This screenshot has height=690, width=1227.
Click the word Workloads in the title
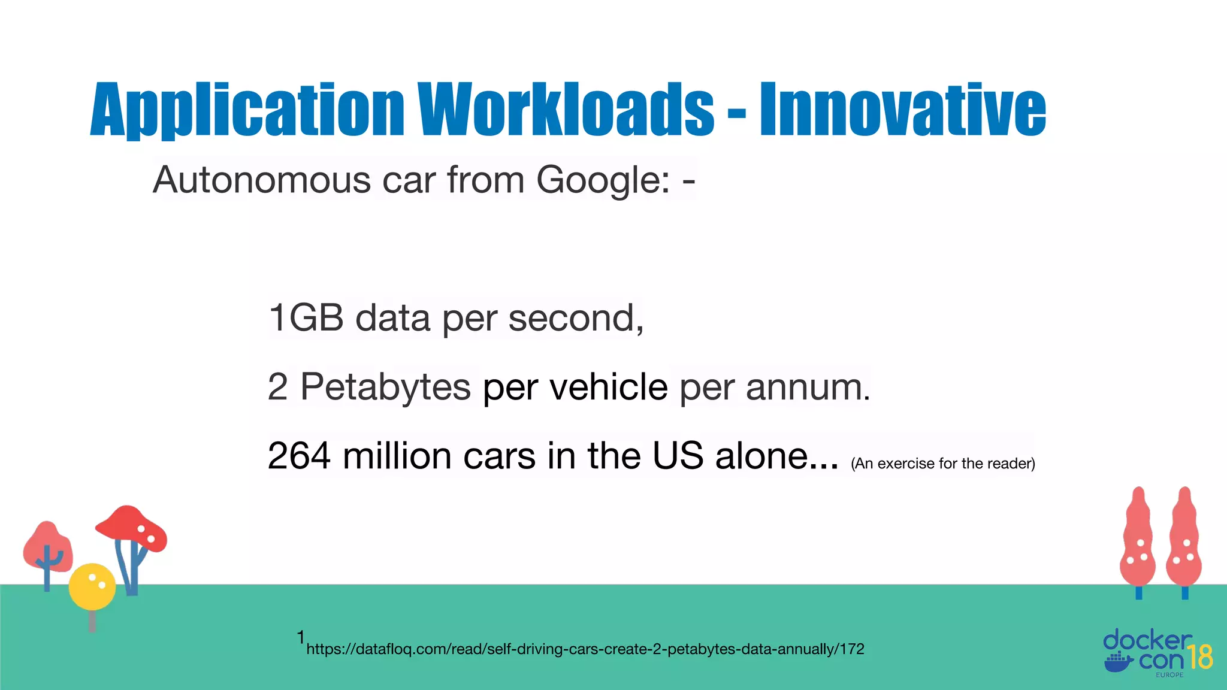point(566,110)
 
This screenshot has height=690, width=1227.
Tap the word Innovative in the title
point(903,110)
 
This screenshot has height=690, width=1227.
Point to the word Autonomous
point(262,180)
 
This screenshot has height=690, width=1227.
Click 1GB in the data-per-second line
point(306,317)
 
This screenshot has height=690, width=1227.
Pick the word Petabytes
point(385,387)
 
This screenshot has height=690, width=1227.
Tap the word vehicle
point(609,387)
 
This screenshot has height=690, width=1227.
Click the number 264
point(299,456)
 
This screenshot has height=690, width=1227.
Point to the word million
point(397,456)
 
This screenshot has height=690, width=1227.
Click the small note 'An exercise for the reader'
point(942,464)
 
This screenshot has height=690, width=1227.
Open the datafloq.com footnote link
point(585,649)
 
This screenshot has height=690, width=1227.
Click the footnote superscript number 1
point(301,637)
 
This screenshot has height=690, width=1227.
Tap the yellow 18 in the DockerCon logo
point(1199,657)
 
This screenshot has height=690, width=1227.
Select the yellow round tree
point(92,586)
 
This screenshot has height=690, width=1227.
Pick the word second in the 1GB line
point(576,317)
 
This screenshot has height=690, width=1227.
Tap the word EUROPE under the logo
point(1169,675)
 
